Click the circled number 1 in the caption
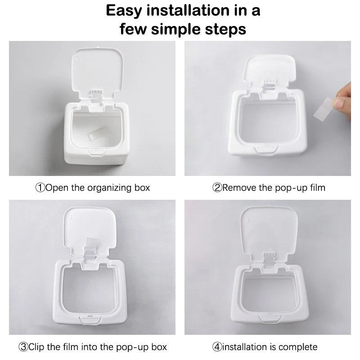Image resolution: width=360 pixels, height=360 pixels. [40, 187]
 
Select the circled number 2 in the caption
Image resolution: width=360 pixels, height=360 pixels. [217, 187]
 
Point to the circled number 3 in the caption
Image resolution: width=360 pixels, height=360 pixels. [23, 346]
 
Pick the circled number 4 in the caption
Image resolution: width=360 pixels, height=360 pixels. [217, 346]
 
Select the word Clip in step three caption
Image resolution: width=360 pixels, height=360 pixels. [37, 346]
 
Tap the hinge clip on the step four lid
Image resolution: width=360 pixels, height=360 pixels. [269, 259]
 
